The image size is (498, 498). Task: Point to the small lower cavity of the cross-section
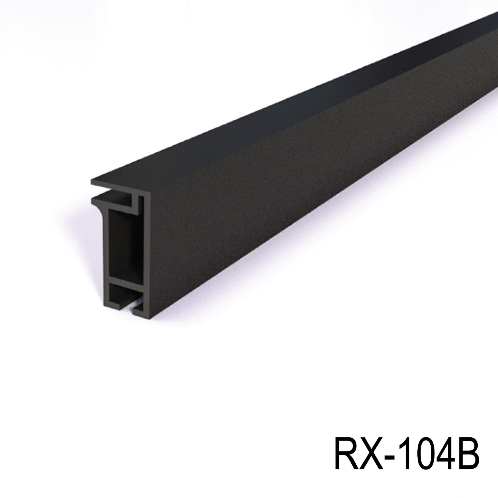point(122,294)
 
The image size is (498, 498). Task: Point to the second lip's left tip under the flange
point(93,200)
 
